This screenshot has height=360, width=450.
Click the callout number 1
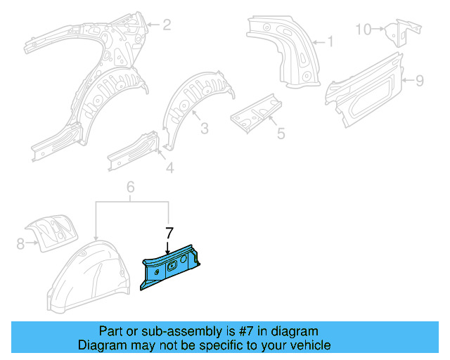coord(329,41)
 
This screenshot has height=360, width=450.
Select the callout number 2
coord(167,26)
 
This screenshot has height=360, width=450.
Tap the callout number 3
coord(204,128)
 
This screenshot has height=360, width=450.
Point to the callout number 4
coord(169,167)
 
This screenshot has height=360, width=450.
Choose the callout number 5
coord(280,133)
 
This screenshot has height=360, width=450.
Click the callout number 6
coord(130,186)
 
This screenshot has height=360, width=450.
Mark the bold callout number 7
coord(168,232)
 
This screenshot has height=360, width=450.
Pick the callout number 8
coord(19,243)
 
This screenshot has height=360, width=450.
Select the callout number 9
coord(419,81)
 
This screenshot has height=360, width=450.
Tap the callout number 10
coord(362,29)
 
